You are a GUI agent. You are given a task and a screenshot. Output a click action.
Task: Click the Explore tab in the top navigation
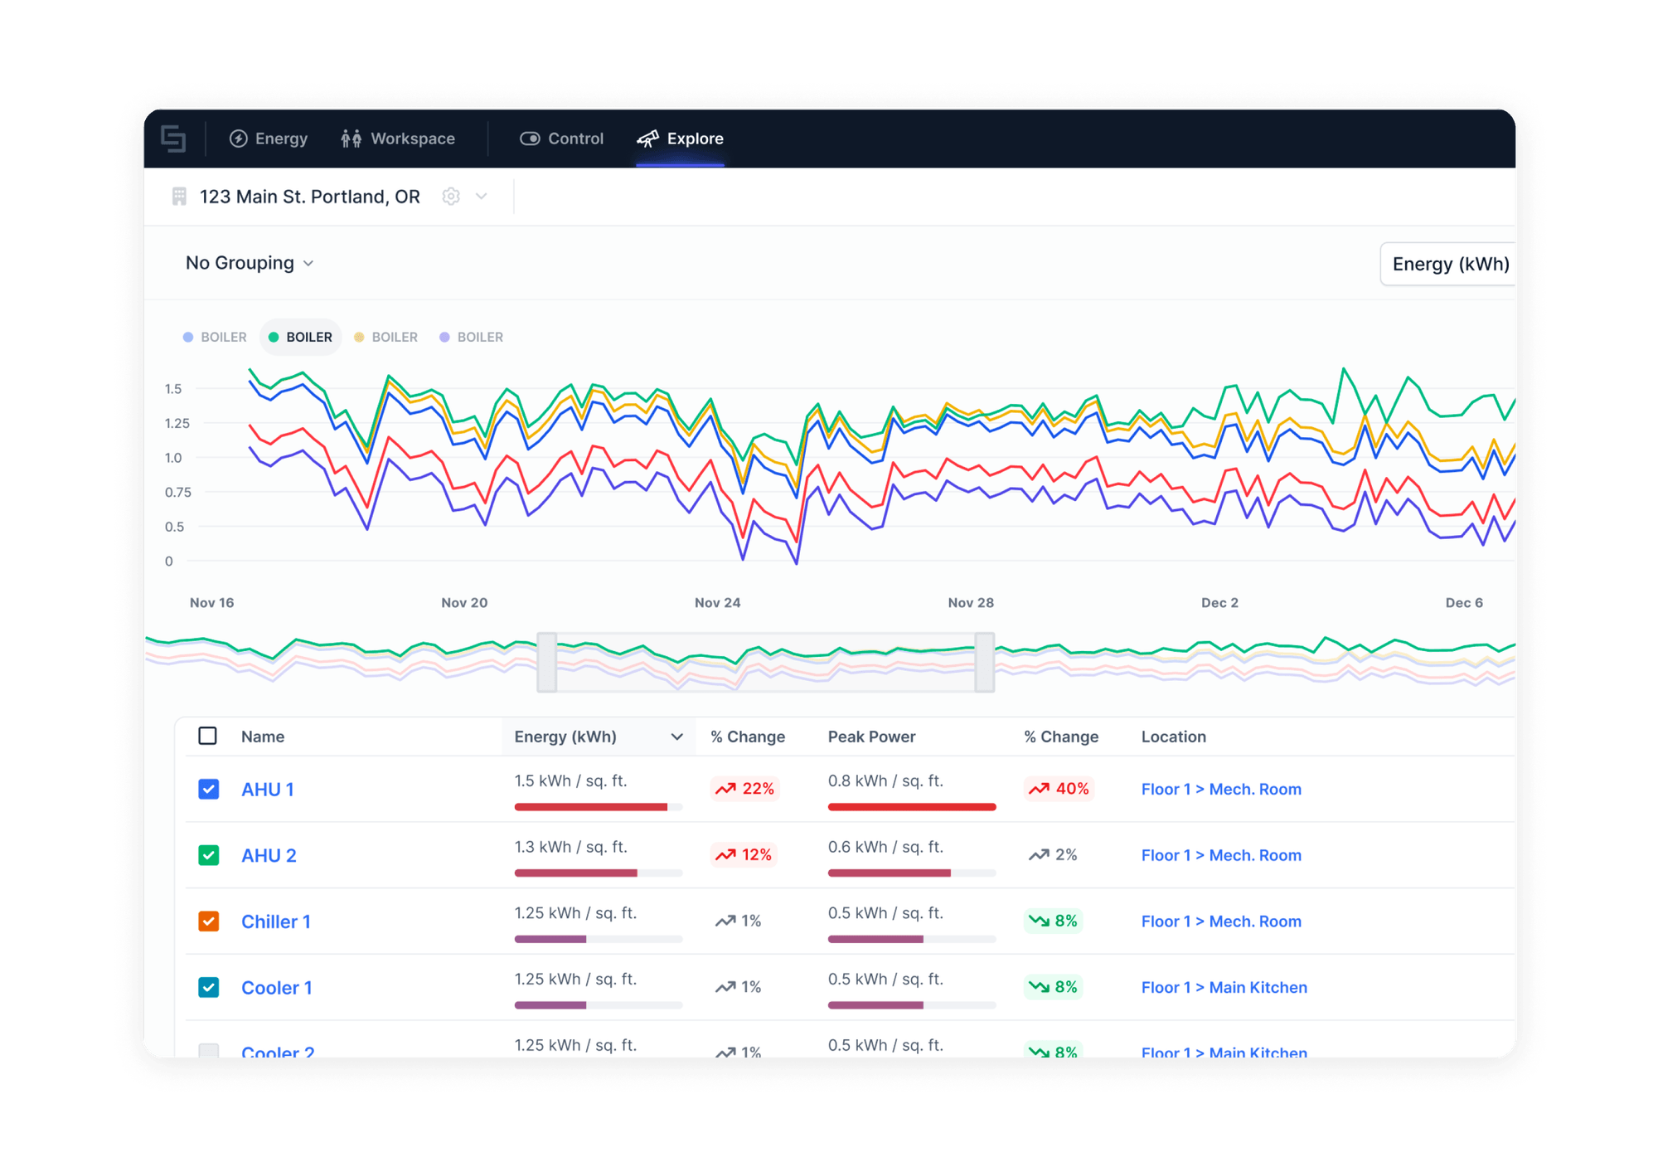pos(681,139)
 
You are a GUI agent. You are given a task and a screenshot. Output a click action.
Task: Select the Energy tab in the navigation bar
pos(269,139)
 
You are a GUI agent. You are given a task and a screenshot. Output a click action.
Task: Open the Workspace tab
pos(398,139)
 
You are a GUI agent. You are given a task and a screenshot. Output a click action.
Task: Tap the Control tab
pos(562,139)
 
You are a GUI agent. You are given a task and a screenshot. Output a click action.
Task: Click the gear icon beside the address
pos(451,197)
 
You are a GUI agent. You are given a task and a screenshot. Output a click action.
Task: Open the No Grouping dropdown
pos(250,263)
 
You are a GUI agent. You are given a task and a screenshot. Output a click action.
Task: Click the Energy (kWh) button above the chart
pos(1450,264)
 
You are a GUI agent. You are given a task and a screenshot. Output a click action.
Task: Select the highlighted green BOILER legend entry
pos(301,337)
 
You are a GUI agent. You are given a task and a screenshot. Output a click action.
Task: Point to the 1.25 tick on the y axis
pos(177,423)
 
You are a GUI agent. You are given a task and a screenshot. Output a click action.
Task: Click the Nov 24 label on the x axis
pos(717,603)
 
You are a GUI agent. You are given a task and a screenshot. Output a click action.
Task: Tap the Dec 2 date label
pos(1219,603)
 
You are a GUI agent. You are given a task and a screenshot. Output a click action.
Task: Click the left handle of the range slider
pos(547,662)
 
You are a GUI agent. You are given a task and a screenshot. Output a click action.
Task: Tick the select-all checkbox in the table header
pos(208,736)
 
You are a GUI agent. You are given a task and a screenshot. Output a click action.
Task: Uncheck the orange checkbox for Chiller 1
pos(209,921)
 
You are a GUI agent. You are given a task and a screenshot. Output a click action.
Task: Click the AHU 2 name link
pos(269,855)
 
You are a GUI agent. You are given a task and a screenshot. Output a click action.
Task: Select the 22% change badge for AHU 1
pos(745,789)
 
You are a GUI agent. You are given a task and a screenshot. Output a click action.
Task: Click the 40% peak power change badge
pos(1059,789)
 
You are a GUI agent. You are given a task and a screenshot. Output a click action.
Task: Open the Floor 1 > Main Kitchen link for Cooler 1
pos(1224,987)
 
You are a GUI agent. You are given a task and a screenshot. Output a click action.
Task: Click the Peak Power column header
pos(871,737)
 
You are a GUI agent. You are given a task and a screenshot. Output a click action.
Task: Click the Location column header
pos(1173,737)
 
